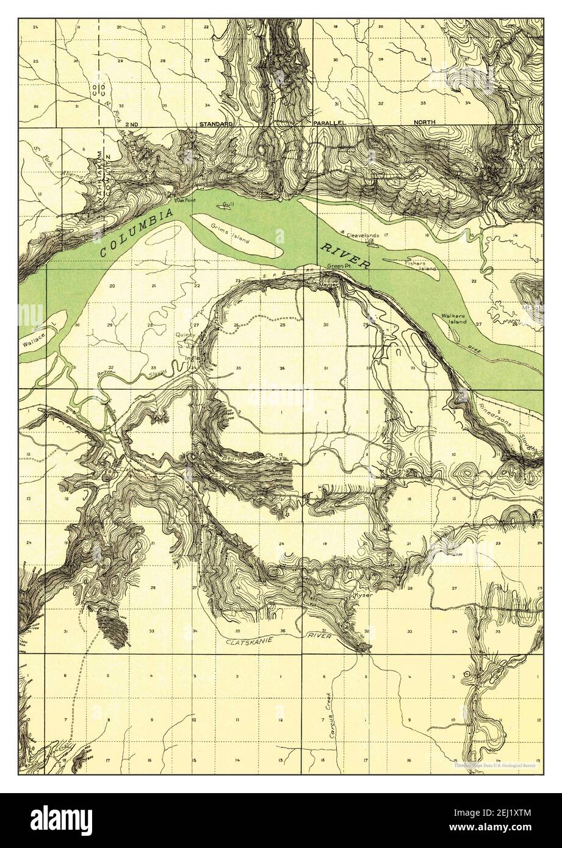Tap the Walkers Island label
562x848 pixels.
[455, 320]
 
